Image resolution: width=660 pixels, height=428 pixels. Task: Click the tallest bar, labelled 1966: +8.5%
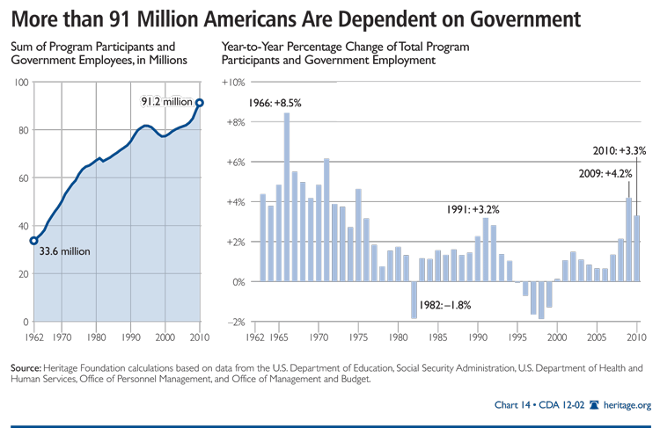[287, 197]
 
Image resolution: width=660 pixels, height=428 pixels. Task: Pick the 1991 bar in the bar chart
[485, 250]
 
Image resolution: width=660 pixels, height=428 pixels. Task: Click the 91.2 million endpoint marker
[199, 103]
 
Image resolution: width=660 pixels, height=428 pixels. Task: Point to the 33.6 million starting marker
[33, 240]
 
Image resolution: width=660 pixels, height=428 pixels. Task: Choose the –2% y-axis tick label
[234, 323]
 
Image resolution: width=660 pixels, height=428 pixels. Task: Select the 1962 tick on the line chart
[33, 336]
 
